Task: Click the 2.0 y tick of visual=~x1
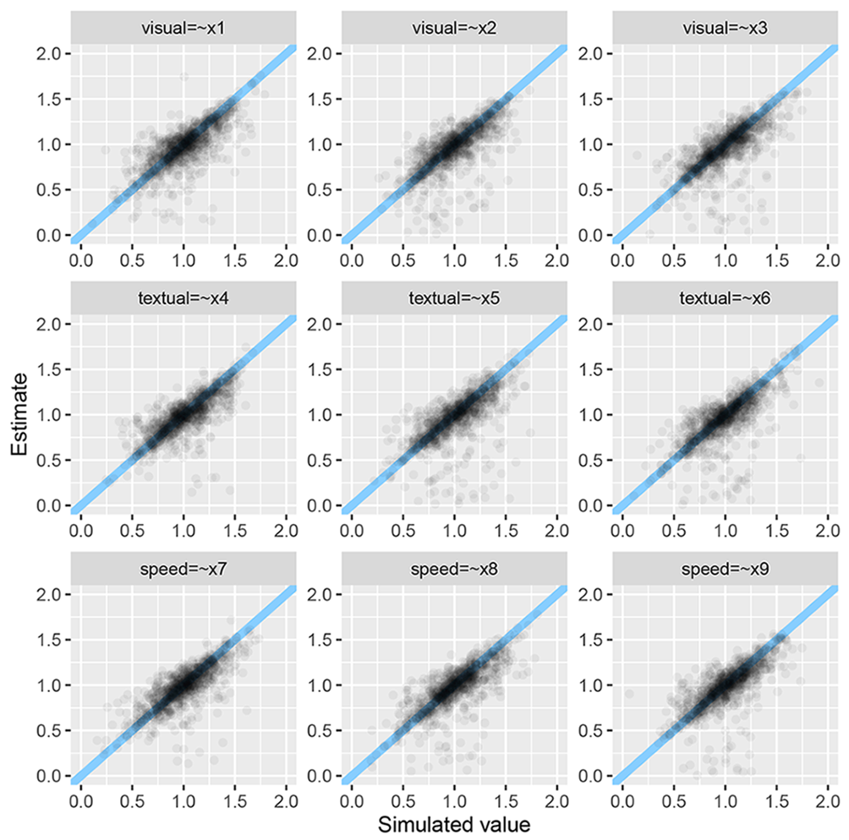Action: pos(52,53)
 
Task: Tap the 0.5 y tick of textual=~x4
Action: pos(52,460)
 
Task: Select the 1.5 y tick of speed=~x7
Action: pos(52,640)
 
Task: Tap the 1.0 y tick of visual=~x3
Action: pos(594,144)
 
